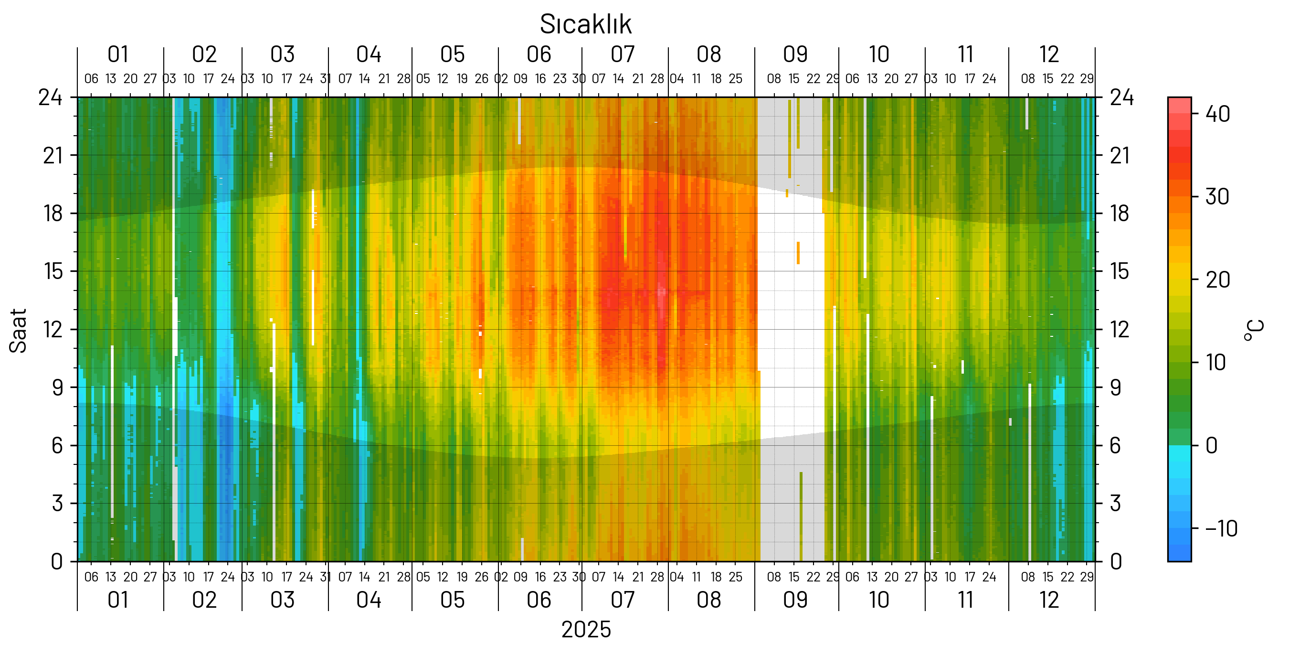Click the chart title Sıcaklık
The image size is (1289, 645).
coord(585,24)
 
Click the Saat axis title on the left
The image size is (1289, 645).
coord(18,331)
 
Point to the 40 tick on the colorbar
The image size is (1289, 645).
coord(1217,114)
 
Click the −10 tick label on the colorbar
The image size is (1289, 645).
coord(1221,529)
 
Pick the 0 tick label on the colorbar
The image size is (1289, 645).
coord(1212,446)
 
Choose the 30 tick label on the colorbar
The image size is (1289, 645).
coord(1217,197)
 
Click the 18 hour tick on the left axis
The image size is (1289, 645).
coord(53,214)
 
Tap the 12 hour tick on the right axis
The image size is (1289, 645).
coord(1120,330)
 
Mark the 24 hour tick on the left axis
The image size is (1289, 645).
coord(51,97)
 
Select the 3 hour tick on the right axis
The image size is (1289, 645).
coord(1115,503)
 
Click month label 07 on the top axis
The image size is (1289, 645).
coord(623,54)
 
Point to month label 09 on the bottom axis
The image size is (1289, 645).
coord(795,600)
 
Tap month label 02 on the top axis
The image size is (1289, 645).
coord(204,54)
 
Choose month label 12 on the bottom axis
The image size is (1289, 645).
coord(1049,600)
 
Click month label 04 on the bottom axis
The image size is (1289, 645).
coord(369,600)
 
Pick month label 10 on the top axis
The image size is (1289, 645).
coord(879,54)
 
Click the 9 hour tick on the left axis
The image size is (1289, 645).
coord(58,387)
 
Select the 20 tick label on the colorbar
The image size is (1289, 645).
coord(1217,280)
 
